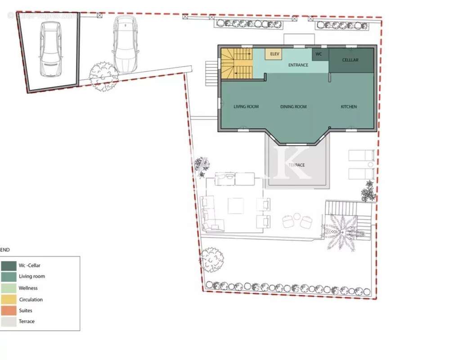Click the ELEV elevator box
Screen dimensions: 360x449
(x=274, y=54)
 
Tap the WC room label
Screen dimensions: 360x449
(x=319, y=54)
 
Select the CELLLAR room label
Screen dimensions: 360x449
(x=350, y=60)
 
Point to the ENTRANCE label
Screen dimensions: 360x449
(x=298, y=65)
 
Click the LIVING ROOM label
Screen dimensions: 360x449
(x=246, y=107)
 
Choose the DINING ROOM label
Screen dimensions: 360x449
(x=293, y=107)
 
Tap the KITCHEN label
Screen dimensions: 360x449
(x=349, y=107)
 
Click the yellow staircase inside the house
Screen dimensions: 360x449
(x=236, y=63)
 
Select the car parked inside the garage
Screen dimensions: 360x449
(x=50, y=49)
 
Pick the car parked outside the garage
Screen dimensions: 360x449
(x=125, y=44)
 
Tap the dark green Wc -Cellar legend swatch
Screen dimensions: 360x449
(x=9, y=265)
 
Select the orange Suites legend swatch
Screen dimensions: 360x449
(x=9, y=310)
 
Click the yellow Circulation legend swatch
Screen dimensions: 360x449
(x=9, y=299)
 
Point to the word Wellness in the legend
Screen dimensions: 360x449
(x=28, y=288)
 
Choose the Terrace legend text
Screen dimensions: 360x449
(x=27, y=321)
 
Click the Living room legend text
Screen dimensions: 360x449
(x=31, y=276)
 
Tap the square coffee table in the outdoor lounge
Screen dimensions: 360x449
(x=236, y=206)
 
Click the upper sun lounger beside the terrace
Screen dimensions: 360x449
(x=361, y=156)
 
